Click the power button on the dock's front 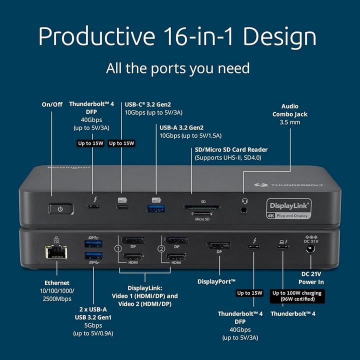click(x=60, y=208)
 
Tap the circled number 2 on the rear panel click(x=161, y=248)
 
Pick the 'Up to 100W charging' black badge click(x=296, y=296)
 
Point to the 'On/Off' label click(x=52, y=104)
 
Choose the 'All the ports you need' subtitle click(x=177, y=67)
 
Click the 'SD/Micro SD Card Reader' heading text click(x=230, y=149)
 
